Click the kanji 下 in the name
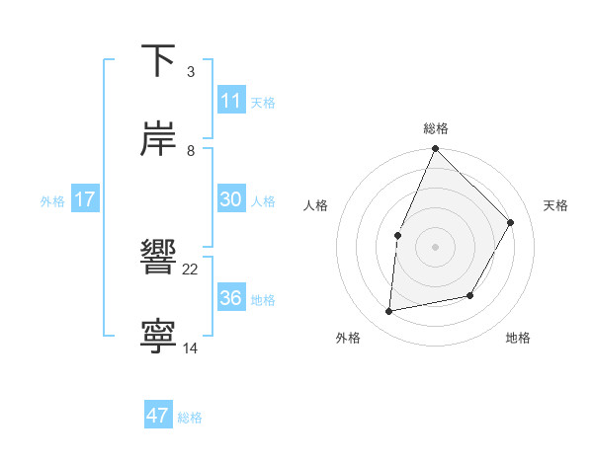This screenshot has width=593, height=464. [158, 61]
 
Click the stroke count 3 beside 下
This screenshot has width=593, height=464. [190, 72]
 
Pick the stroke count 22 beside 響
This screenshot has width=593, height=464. [191, 269]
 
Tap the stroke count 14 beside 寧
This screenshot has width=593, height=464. [191, 348]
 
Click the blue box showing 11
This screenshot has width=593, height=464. [230, 100]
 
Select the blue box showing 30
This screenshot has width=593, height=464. [230, 199]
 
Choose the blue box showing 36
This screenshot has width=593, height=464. [230, 298]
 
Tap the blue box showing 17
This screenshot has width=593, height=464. [85, 199]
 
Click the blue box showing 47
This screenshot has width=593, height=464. [158, 416]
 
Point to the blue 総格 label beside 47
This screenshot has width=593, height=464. [190, 418]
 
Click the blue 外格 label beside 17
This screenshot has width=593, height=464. [52, 200]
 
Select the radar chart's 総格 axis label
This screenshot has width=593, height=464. [436, 128]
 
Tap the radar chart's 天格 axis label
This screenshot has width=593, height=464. [556, 205]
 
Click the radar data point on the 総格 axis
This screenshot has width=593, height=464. [435, 148]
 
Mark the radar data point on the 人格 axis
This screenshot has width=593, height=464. [397, 235]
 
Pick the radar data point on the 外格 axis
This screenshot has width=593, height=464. [389, 312]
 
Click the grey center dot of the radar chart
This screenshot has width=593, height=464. [435, 247]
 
